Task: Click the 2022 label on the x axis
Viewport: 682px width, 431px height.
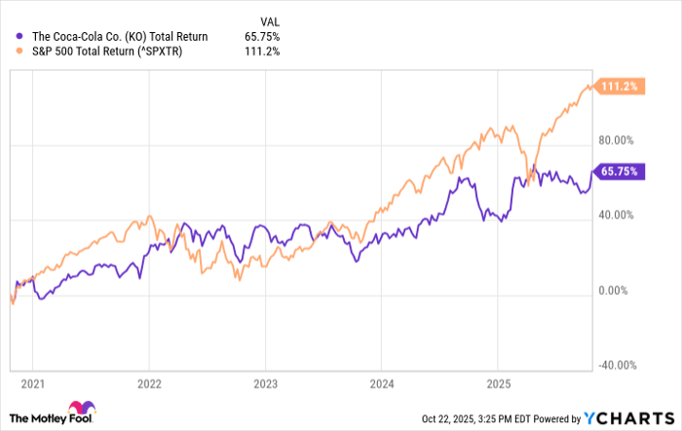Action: (149, 384)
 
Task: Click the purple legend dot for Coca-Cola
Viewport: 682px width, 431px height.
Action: (20, 37)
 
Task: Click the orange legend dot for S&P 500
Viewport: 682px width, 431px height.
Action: (20, 52)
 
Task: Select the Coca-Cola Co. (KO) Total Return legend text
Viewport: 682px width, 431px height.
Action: (120, 37)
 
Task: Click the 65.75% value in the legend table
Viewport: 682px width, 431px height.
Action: (260, 37)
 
